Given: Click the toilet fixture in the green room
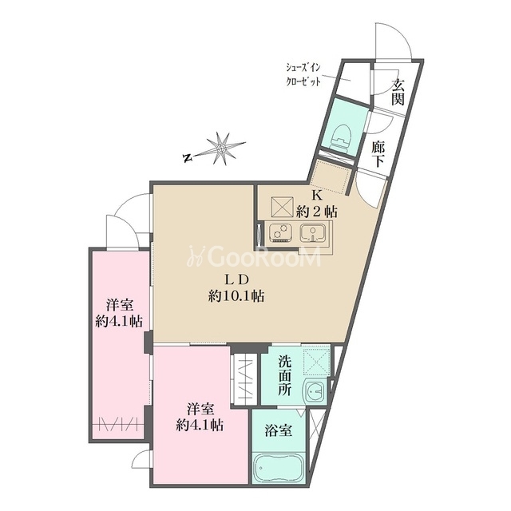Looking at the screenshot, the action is [x=341, y=137].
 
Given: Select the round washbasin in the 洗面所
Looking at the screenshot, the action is [x=315, y=391].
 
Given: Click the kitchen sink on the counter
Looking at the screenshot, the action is [x=313, y=233].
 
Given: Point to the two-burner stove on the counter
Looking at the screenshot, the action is [x=280, y=233].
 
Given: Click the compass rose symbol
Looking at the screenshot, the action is [x=222, y=149].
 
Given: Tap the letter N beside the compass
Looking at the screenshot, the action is [x=187, y=158].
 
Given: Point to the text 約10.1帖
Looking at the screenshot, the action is [x=236, y=296].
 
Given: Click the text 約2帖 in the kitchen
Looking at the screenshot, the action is [x=316, y=212].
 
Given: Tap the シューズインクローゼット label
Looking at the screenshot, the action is [x=303, y=74].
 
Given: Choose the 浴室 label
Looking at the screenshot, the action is [x=278, y=431].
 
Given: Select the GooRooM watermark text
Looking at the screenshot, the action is [x=254, y=255].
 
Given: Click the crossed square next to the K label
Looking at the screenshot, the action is [x=282, y=207].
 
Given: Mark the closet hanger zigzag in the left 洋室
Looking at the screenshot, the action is [x=118, y=425].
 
